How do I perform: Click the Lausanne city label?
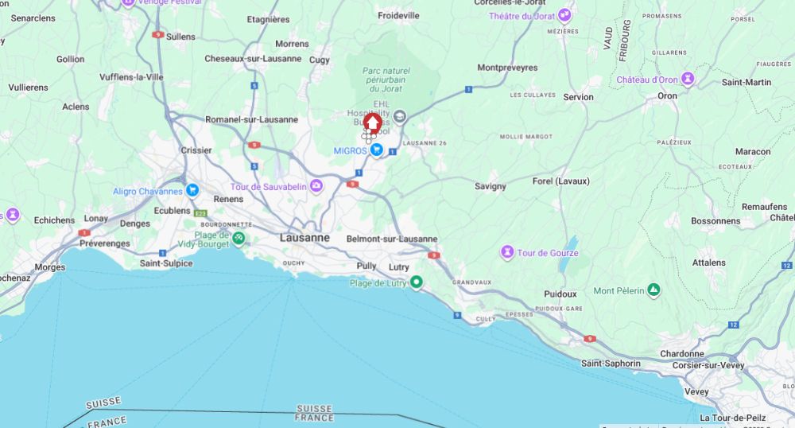pyautogui.click(x=304, y=237)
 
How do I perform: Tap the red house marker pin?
pyautogui.click(x=372, y=123)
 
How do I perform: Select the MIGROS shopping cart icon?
pyautogui.click(x=377, y=150)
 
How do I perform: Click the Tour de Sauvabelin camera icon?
pyautogui.click(x=317, y=186)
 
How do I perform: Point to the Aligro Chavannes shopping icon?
pyautogui.click(x=192, y=190)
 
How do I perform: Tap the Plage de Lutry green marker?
pyautogui.click(x=416, y=282)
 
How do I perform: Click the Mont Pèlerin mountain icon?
pyautogui.click(x=653, y=290)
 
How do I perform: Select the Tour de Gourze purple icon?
pyautogui.click(x=507, y=253)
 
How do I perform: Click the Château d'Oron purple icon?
pyautogui.click(x=688, y=79)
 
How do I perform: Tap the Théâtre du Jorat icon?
pyautogui.click(x=564, y=15)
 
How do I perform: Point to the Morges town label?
pyautogui.click(x=50, y=267)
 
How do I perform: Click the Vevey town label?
pyautogui.click(x=696, y=391)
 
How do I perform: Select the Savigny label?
pyautogui.click(x=491, y=186)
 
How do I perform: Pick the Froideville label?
pyautogui.click(x=398, y=15)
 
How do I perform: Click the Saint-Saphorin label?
pyautogui.click(x=611, y=363)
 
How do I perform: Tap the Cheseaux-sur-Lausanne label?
pyautogui.click(x=253, y=58)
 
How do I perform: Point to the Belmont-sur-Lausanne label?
pyautogui.click(x=392, y=239)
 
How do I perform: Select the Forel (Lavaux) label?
pyautogui.click(x=561, y=181)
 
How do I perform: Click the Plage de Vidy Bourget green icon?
pyautogui.click(x=238, y=237)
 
